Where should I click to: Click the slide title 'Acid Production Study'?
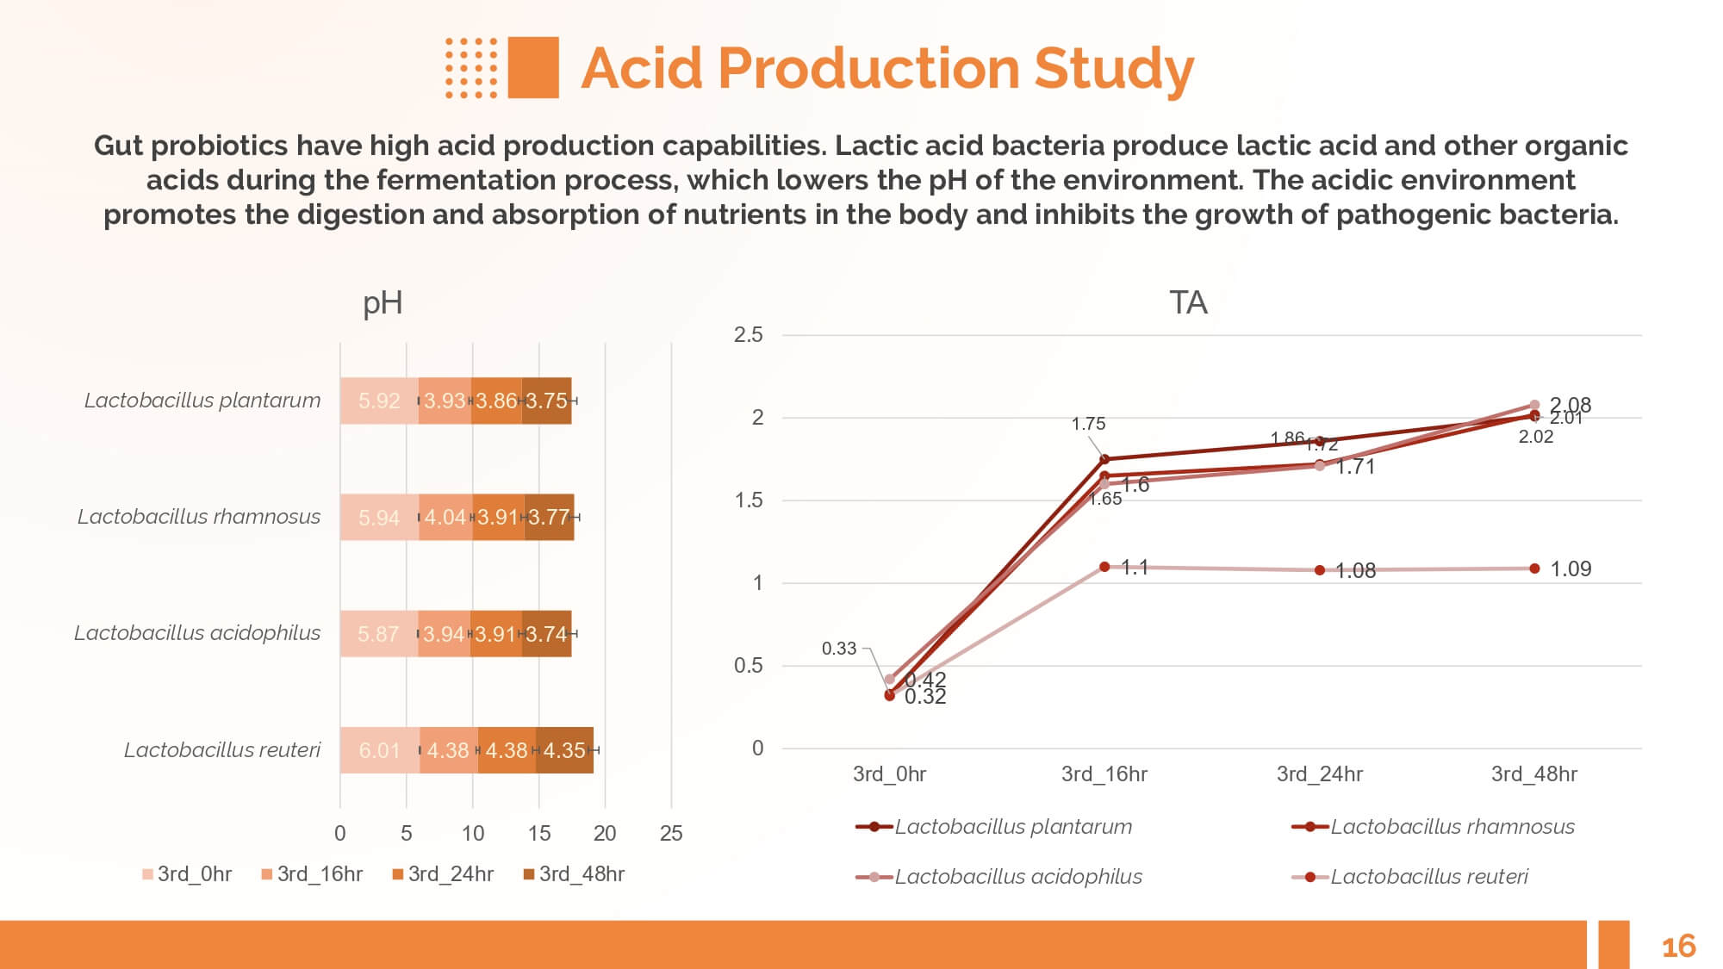[886, 68]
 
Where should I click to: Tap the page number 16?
[1677, 947]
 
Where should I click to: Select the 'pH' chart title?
[383, 303]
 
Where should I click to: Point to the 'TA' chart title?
[1188, 303]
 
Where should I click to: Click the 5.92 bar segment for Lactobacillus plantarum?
[379, 401]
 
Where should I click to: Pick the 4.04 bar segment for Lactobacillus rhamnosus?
[445, 517]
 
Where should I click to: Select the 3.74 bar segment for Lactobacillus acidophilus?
[546, 634]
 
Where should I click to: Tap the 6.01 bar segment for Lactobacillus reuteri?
[380, 750]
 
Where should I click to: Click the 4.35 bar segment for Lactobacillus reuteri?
[564, 750]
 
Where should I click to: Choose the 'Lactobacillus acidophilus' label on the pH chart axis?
[197, 633]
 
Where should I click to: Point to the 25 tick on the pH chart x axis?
[671, 833]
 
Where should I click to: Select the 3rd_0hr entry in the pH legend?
[187, 874]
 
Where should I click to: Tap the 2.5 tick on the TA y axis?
[748, 335]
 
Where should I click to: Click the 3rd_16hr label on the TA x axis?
[1104, 773]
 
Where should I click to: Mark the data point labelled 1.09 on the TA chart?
[1534, 568]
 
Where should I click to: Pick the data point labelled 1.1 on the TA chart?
[1104, 567]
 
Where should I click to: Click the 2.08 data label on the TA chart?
[1570, 404]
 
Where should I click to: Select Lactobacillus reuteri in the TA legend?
[1428, 877]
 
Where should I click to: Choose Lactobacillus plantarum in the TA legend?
[1012, 827]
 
